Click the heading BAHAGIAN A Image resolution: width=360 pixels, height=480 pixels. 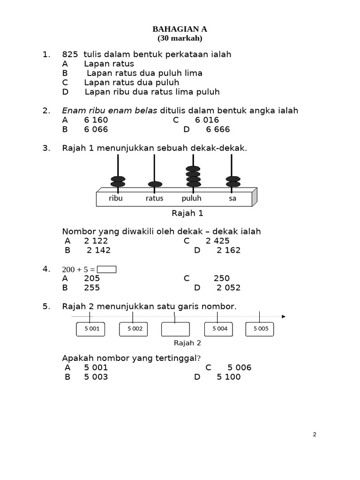(180, 29)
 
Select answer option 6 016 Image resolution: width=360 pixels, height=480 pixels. (207, 120)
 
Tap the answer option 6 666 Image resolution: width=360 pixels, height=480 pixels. (218, 129)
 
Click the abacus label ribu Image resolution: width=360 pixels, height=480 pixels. (115, 198)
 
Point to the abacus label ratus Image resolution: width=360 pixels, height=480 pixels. (154, 198)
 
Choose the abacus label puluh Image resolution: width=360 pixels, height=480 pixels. (191, 198)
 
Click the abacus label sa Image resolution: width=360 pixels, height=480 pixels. (232, 198)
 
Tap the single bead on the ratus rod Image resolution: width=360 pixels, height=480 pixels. (155, 184)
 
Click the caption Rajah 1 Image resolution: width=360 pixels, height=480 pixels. (187, 213)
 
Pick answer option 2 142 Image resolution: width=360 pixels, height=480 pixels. (98, 250)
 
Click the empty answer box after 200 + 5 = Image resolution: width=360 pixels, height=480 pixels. (106, 270)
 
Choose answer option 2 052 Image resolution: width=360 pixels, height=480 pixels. (228, 288)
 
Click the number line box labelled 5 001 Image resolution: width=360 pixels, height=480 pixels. (92, 329)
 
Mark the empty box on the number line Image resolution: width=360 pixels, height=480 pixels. (175, 329)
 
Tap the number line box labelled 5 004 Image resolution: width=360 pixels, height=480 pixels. (219, 329)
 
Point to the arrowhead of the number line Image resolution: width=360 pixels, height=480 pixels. (283, 316)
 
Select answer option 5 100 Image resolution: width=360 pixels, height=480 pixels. (228, 377)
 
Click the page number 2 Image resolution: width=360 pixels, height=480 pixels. (315, 435)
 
